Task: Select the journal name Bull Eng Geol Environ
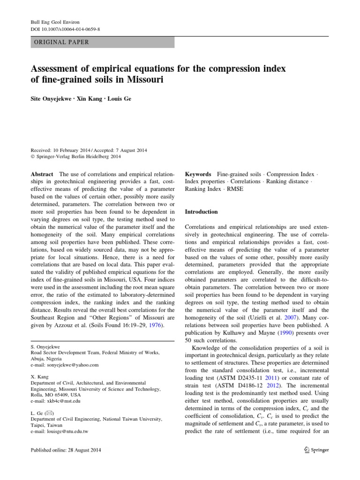(54, 22)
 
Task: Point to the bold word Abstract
(42, 174)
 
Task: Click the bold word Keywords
(198, 174)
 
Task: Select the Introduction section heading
(202, 212)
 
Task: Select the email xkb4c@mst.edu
(55, 401)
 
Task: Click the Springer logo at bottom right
(316, 450)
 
